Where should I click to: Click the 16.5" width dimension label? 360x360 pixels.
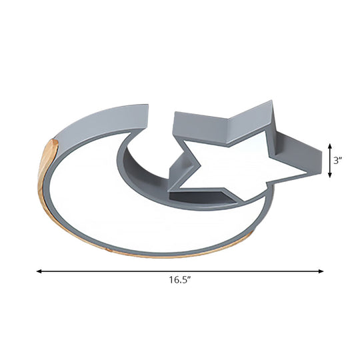click(180, 280)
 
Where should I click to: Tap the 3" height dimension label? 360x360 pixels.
click(338, 161)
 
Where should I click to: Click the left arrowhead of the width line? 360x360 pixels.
click(39, 271)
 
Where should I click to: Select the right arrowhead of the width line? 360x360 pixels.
click(321, 271)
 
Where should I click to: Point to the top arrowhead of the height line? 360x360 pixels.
click(330, 146)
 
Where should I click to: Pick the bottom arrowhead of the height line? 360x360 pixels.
click(330, 175)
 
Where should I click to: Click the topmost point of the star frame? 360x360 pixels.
click(272, 101)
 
